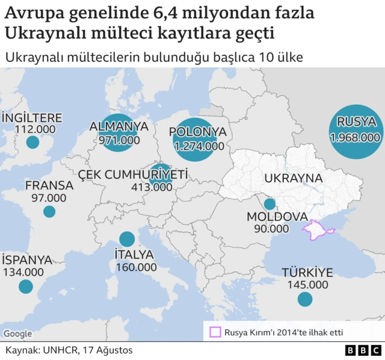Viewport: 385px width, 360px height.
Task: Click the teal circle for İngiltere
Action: pyautogui.click(x=32, y=143)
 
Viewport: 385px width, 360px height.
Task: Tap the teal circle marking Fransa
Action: pyautogui.click(x=49, y=212)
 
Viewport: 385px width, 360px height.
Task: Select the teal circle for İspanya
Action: pyautogui.click(x=25, y=287)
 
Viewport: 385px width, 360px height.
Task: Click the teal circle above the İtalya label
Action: pyautogui.click(x=127, y=239)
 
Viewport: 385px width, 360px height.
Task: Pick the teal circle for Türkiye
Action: pyautogui.click(x=305, y=299)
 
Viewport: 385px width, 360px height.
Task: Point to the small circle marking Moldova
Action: pyautogui.click(x=269, y=203)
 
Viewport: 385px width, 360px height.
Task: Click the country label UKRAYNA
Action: pyautogui.click(x=294, y=179)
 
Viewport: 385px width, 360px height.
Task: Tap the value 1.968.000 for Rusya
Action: pyautogui.click(x=356, y=138)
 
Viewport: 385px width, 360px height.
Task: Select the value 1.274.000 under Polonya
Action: pyautogui.click(x=199, y=146)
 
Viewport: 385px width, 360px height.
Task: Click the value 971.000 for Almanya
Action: pyautogui.click(x=119, y=140)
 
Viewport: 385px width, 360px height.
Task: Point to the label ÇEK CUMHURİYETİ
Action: pyautogui.click(x=133, y=174)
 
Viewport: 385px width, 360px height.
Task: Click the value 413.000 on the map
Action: pyautogui.click(x=152, y=187)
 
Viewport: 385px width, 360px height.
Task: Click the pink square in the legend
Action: pyautogui.click(x=215, y=332)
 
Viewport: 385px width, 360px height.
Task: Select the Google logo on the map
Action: pyautogui.click(x=17, y=334)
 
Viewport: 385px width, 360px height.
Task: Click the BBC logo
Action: pyautogui.click(x=363, y=350)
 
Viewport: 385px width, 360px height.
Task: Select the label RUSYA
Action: pyautogui.click(x=356, y=123)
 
